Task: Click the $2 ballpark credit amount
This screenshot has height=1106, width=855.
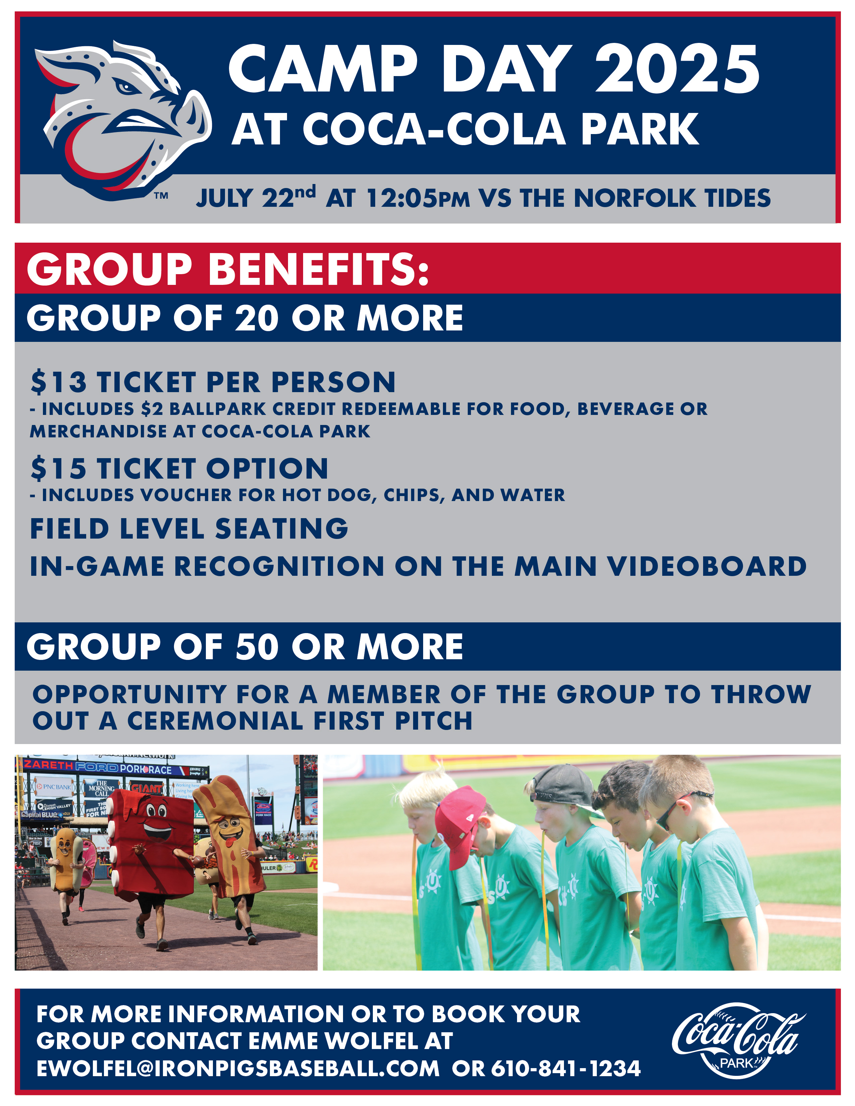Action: coord(152,409)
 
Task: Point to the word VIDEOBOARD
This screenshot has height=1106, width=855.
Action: coord(706,566)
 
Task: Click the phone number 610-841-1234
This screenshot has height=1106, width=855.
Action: coord(566,1068)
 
